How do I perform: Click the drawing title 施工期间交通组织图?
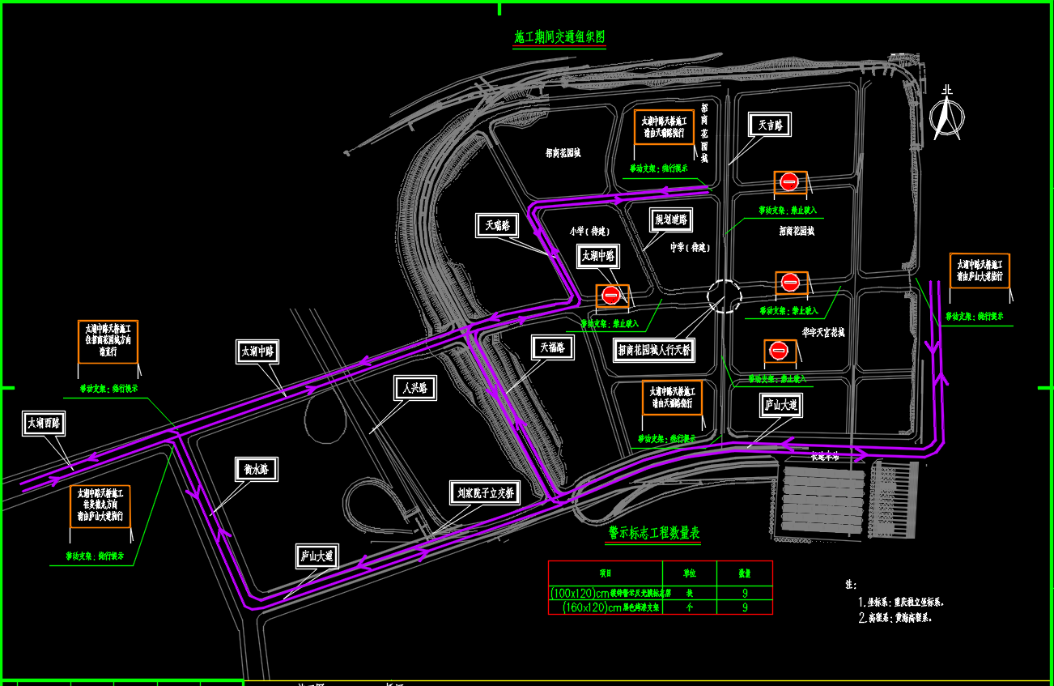559,37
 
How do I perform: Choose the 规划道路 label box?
672,219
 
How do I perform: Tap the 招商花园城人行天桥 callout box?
654,350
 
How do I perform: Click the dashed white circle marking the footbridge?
725,296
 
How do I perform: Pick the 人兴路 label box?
414,389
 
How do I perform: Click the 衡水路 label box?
256,469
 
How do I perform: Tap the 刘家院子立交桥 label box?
484,492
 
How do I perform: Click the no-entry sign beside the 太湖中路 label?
611,296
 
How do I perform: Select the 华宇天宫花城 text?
823,332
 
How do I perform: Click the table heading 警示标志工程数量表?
654,533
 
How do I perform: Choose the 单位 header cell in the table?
689,572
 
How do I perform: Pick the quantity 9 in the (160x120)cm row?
745,607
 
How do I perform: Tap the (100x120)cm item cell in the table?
605,593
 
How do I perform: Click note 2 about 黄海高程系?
900,617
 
